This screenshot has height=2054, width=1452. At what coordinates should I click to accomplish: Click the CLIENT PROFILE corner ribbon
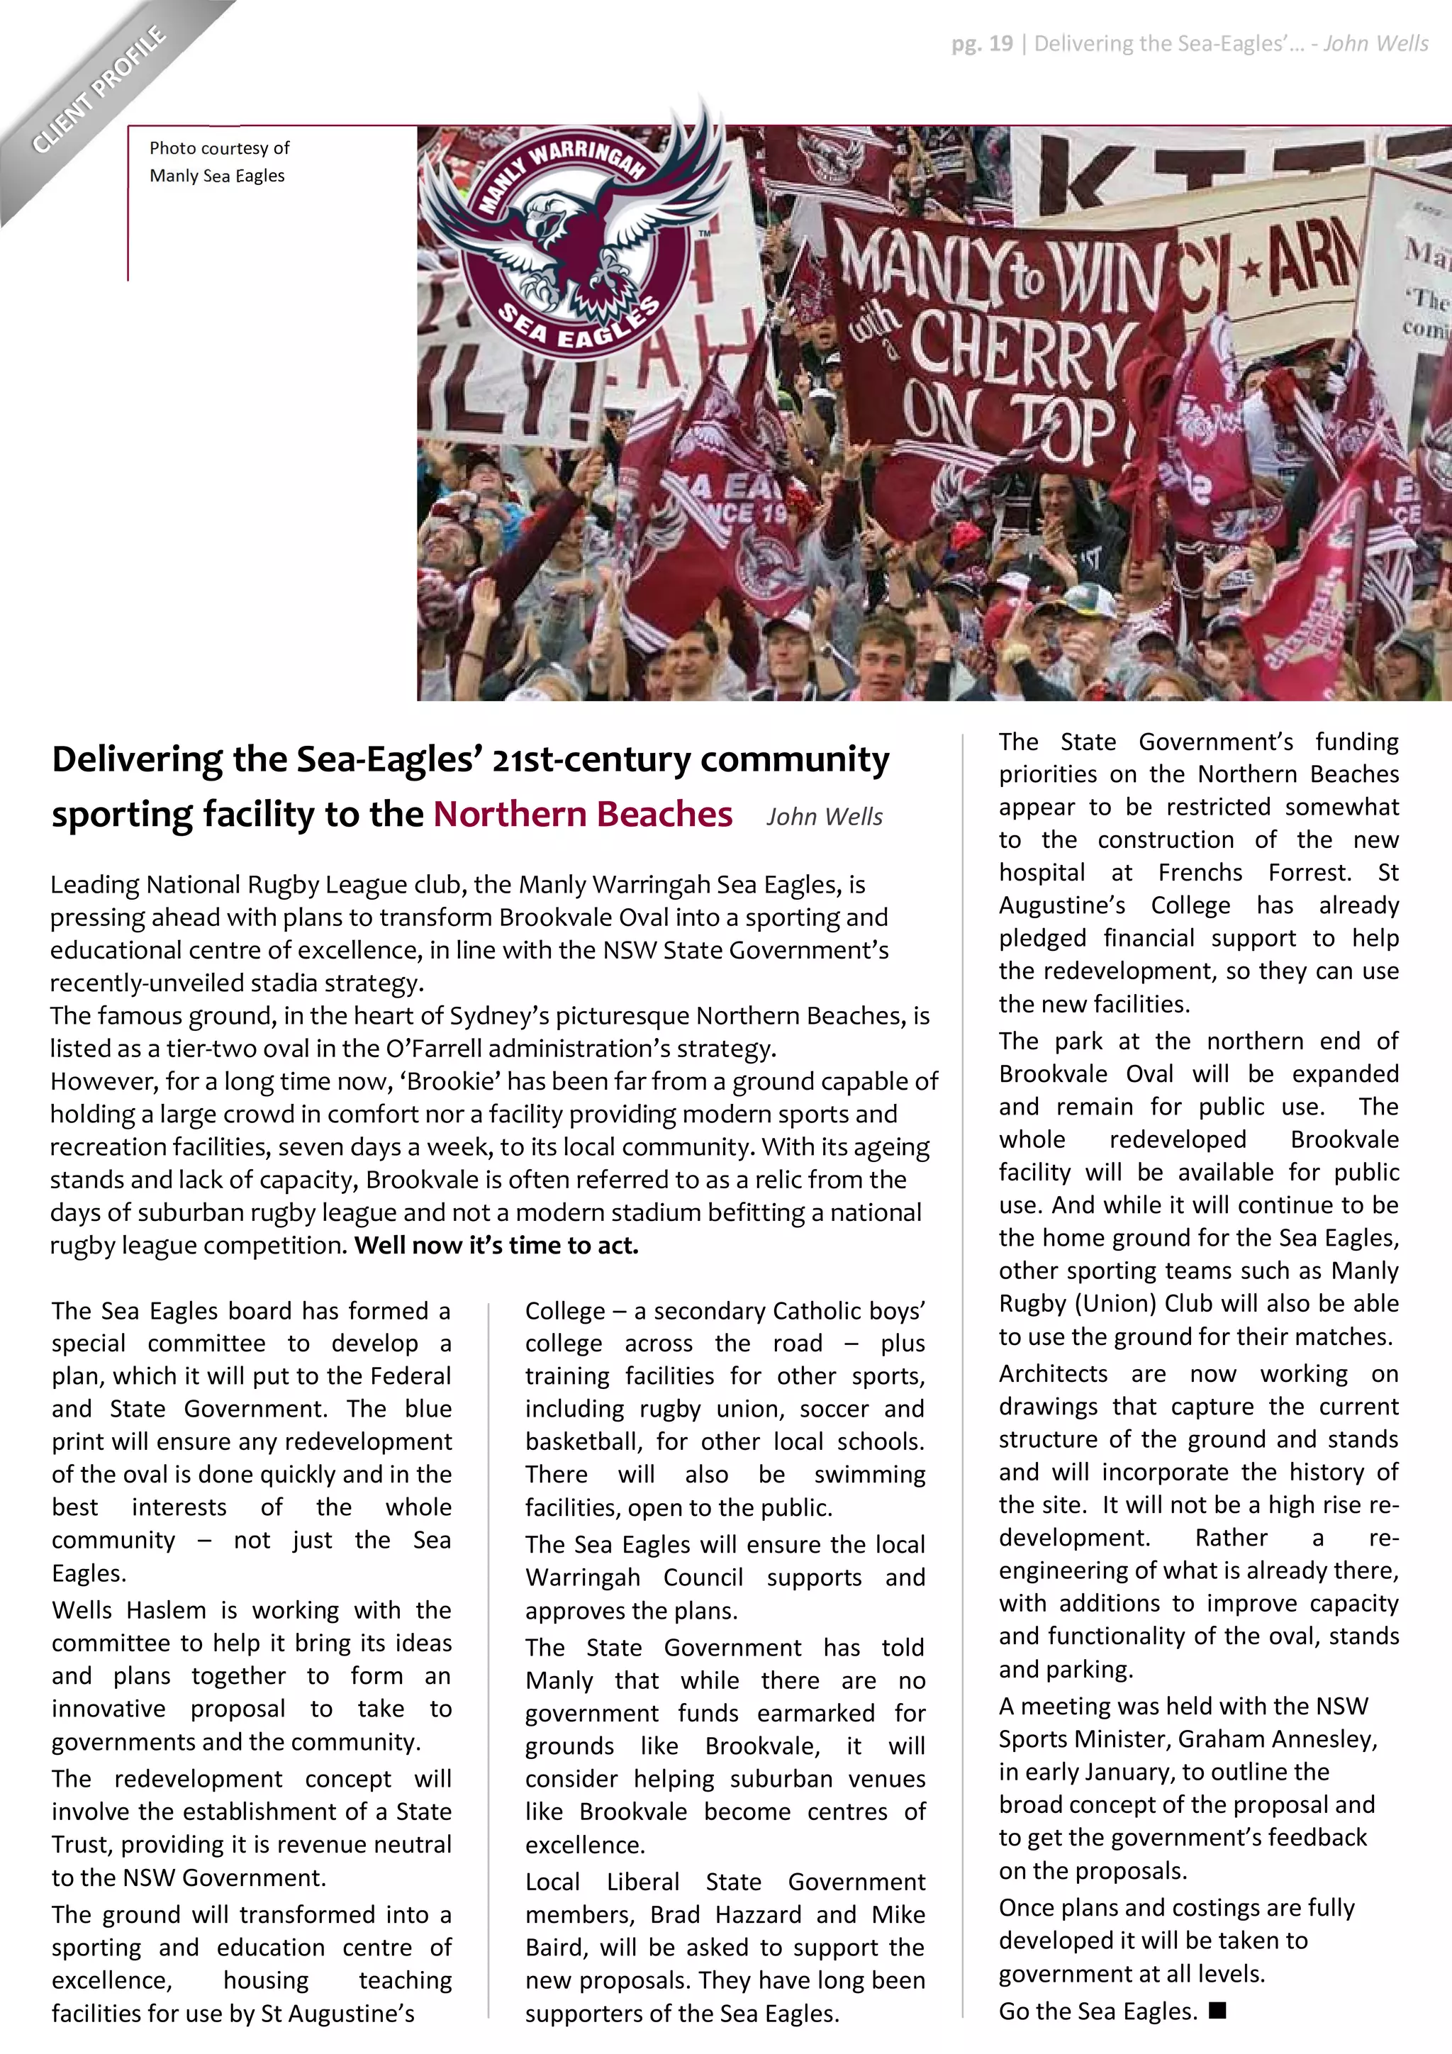pos(99,89)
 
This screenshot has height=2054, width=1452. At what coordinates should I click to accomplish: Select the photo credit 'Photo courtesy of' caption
pos(219,148)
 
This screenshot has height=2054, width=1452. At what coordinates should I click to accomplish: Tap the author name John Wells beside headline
pos(824,817)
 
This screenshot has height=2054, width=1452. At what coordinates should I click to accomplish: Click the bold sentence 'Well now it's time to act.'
pos(496,1245)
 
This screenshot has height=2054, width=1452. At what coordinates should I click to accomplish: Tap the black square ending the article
pos(1217,2010)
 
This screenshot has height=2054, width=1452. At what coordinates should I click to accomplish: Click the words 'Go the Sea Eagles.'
pos(1098,2011)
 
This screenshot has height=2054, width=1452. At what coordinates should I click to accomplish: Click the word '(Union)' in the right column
pos(1118,1303)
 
